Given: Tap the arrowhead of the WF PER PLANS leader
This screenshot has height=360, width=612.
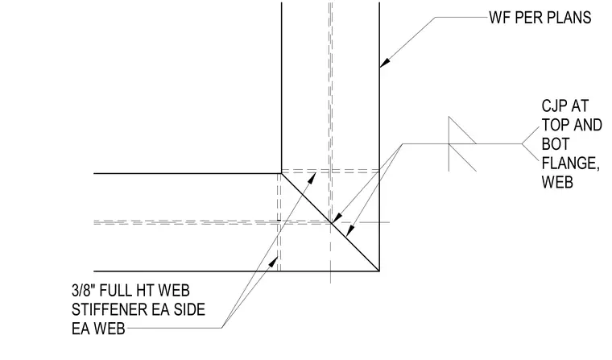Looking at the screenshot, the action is pos(385,63).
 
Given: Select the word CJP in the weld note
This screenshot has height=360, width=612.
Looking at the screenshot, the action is pos(555,106).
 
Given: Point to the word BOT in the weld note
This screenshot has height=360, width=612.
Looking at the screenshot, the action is pos(556,144).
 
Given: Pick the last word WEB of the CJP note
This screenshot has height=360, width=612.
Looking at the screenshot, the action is pos(557,182).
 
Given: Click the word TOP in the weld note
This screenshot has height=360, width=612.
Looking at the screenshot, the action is pos(554,125).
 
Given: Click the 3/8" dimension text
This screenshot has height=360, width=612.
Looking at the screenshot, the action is pos(84,291).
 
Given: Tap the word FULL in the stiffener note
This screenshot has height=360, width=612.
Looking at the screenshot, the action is pos(115,291).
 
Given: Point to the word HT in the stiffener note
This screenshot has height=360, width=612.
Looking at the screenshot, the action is pos(145,291).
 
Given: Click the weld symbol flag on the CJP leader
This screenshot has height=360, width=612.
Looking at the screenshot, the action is pos(462,143).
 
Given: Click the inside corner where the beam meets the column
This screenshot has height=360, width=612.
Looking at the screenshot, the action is pos(281,173).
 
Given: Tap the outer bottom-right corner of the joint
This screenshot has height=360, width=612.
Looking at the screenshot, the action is pos(379,271).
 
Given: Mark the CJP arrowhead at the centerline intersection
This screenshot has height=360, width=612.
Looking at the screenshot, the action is pos(336,218).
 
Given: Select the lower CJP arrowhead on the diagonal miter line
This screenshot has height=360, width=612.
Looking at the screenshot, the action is pos(349,231).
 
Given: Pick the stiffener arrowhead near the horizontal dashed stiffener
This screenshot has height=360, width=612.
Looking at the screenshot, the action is pos(312,178).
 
